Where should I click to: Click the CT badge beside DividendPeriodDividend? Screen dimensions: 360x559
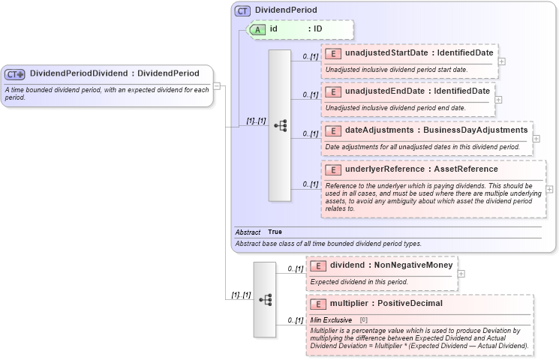click(x=15, y=73)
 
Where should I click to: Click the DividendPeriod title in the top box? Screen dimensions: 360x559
click(x=285, y=10)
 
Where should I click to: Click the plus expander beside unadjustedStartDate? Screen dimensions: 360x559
click(x=501, y=61)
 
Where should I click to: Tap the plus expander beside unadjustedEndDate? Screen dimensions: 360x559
click(x=498, y=99)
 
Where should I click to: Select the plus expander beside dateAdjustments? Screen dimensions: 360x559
click(x=536, y=138)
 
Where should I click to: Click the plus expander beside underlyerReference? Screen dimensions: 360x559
click(x=549, y=189)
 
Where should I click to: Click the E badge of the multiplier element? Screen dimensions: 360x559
click(x=318, y=304)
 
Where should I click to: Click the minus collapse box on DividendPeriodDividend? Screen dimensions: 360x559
click(x=217, y=86)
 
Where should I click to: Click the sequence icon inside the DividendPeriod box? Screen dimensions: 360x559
click(x=280, y=125)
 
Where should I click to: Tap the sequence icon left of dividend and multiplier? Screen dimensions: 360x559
click(x=264, y=299)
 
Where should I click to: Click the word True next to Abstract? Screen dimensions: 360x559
click(x=275, y=232)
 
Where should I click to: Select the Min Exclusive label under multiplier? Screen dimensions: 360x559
click(x=331, y=319)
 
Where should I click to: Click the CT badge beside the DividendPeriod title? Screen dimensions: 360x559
click(x=243, y=10)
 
